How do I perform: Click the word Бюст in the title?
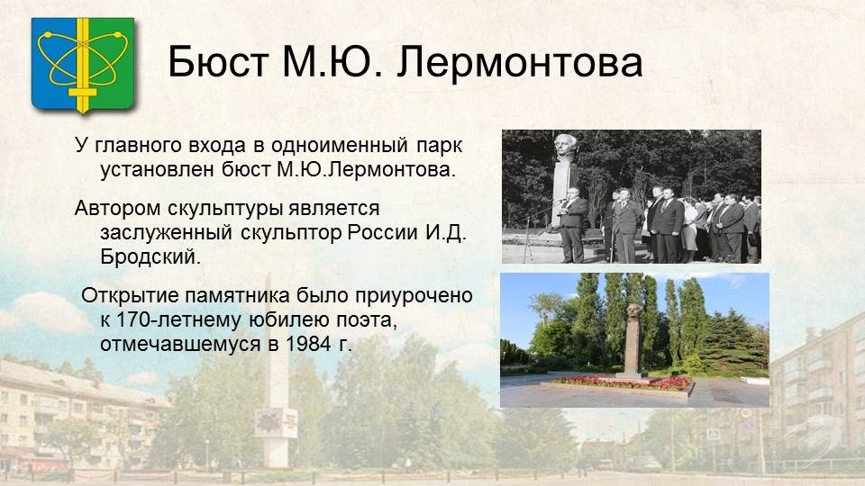pyautogui.click(x=218, y=61)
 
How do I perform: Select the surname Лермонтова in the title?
pyautogui.click(x=520, y=62)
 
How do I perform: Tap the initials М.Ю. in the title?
pyautogui.click(x=332, y=61)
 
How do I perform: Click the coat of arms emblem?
pyautogui.click(x=83, y=65)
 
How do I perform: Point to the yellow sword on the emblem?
pyautogui.click(x=83, y=65)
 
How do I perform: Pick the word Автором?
pyautogui.click(x=117, y=209)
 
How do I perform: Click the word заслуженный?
pyautogui.click(x=166, y=233)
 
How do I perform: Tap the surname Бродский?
pyautogui.click(x=150, y=256)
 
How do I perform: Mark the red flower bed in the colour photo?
pyautogui.click(x=624, y=382)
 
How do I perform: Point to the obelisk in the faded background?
pyautogui.click(x=274, y=374)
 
